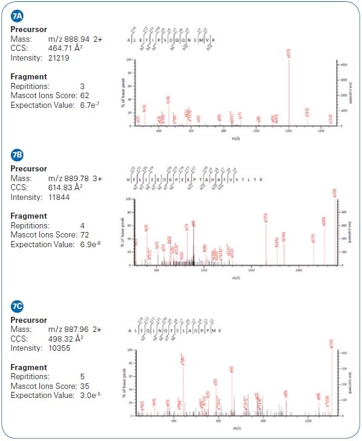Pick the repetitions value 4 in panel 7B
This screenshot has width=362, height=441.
coord(82,225)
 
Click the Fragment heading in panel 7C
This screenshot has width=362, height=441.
coord(29,367)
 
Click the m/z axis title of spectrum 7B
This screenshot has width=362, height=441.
coord(234,279)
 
